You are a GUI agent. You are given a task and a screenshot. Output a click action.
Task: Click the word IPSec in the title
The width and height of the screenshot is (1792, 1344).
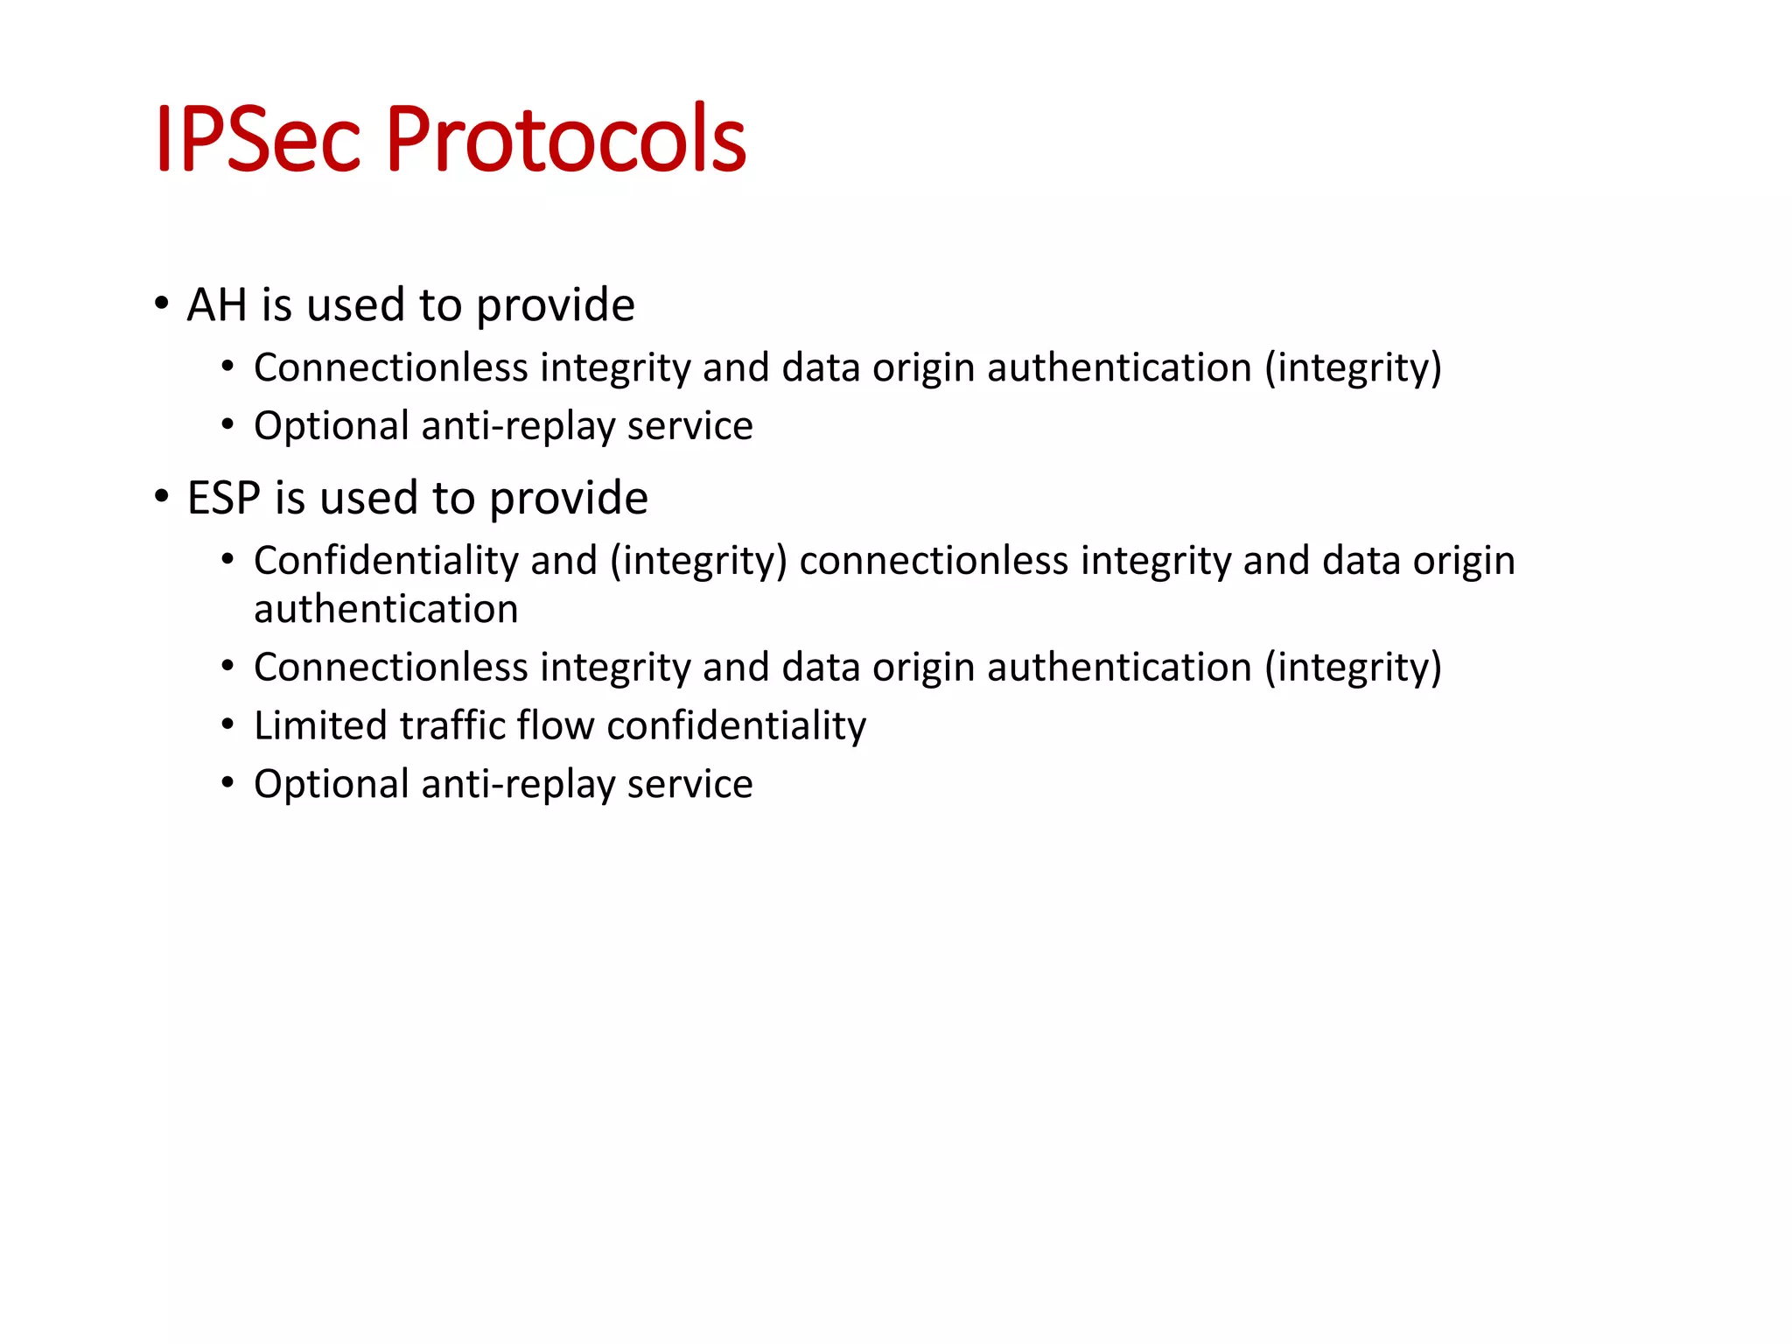(x=257, y=140)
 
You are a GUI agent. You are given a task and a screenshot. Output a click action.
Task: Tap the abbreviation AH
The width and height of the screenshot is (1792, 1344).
(x=216, y=305)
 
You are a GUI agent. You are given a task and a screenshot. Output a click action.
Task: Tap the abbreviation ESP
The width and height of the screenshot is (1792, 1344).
(x=223, y=499)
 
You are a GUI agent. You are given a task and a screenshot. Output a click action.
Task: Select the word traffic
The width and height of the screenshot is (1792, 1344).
(x=452, y=725)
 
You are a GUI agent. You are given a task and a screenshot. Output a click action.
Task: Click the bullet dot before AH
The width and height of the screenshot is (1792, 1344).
(x=161, y=304)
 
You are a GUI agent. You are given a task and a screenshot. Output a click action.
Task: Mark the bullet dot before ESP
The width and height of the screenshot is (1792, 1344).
(x=161, y=497)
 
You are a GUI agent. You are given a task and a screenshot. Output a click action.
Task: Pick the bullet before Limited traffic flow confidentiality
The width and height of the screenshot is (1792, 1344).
(x=227, y=725)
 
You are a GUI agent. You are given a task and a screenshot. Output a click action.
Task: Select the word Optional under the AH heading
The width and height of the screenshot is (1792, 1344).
(x=331, y=427)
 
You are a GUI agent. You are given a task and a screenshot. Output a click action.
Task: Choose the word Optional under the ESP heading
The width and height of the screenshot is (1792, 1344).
(x=331, y=785)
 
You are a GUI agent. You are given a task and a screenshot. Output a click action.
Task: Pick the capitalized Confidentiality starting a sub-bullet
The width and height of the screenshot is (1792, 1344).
(x=386, y=561)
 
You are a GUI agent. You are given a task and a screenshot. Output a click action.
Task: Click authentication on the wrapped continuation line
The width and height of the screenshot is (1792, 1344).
(x=386, y=609)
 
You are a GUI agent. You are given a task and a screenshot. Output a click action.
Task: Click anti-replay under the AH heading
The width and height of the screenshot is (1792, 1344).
(x=518, y=427)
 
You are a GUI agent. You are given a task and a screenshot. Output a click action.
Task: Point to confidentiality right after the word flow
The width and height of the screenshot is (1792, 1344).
(x=736, y=725)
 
